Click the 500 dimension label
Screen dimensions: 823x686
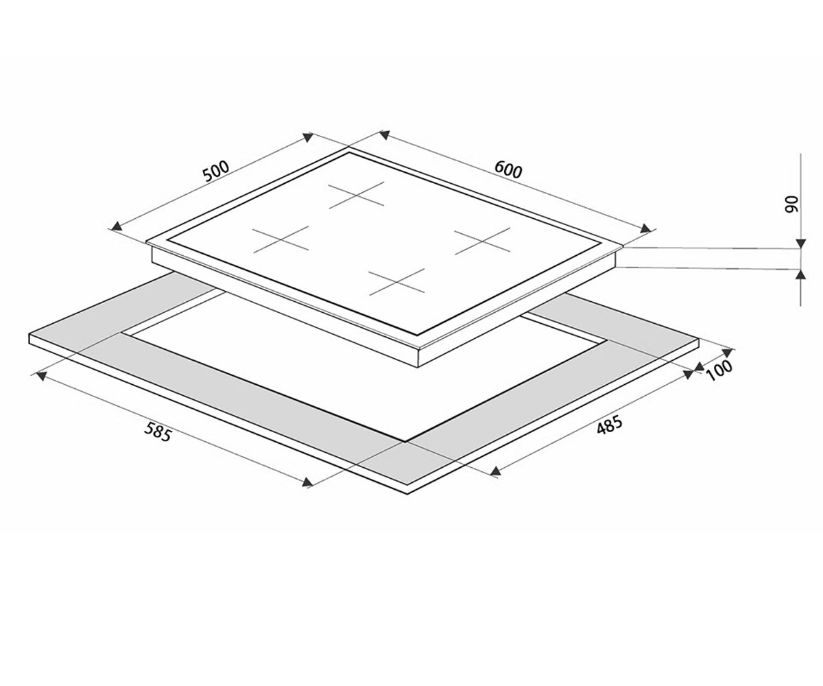215,171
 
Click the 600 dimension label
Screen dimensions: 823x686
508,170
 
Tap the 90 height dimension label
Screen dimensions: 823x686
792,204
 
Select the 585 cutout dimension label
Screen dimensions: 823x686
158,431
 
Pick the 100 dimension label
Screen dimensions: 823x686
719,370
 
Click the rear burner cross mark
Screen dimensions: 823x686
357,195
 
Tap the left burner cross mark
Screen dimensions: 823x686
281,239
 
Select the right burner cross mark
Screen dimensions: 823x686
482,241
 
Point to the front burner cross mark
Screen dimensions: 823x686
396,282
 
